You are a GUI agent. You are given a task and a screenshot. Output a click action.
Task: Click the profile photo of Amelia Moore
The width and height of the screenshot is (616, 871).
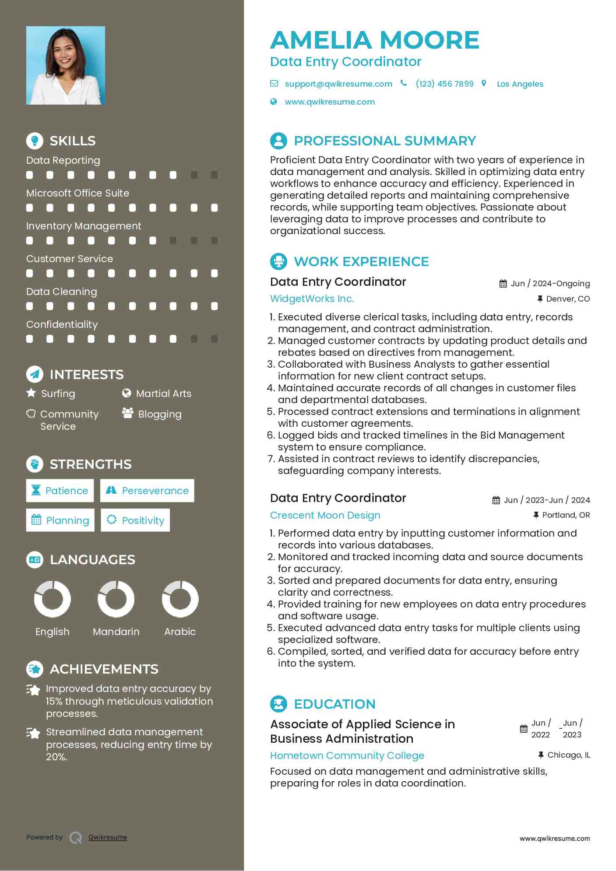(65, 65)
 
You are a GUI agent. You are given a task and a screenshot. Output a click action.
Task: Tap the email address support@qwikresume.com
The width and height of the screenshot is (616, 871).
(338, 84)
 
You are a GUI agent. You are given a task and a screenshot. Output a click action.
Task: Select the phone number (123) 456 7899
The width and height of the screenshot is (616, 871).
(444, 84)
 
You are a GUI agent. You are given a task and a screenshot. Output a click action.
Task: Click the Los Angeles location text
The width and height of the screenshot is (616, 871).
(520, 84)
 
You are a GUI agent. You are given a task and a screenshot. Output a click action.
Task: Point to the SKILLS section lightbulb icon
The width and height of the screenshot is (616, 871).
(35, 140)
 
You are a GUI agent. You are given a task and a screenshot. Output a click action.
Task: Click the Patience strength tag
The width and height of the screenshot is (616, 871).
(60, 491)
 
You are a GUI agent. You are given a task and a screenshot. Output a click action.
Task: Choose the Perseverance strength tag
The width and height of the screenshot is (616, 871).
(147, 491)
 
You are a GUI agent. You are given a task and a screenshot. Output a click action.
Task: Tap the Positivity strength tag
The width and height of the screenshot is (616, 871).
(135, 520)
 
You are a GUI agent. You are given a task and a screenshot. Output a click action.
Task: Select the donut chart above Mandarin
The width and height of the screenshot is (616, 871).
(116, 599)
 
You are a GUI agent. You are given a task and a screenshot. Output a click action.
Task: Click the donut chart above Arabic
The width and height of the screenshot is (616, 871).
(180, 599)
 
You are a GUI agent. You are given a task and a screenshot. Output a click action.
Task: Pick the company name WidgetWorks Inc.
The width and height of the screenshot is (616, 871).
(312, 299)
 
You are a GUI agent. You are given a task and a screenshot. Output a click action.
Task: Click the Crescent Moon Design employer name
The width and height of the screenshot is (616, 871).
(325, 515)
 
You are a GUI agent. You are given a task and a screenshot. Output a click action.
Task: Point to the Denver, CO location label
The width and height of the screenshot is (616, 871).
(567, 299)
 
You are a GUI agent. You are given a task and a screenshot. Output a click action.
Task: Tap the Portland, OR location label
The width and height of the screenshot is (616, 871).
(566, 515)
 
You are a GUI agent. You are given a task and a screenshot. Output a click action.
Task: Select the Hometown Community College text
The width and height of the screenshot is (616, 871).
(347, 755)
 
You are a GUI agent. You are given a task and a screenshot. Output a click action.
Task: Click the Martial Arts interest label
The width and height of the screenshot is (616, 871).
(163, 393)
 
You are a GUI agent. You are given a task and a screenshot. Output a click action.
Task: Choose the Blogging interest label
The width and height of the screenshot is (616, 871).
(159, 414)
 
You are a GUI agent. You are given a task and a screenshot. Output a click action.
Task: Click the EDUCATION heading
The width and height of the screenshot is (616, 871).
(334, 704)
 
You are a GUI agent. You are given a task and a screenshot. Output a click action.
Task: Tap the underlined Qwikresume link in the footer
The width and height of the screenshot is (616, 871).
(108, 837)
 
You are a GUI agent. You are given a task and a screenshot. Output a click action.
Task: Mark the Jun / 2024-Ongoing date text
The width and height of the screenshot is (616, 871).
(550, 284)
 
